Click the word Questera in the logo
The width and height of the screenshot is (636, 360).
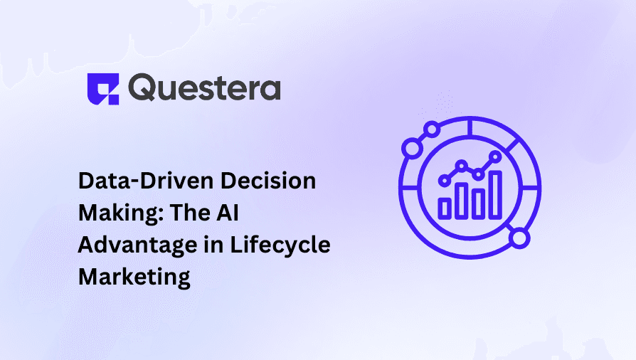(205, 88)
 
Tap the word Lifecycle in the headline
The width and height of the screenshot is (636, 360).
(281, 245)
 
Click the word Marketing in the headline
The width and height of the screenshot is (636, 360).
(134, 276)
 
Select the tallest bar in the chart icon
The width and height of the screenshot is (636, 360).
(494, 194)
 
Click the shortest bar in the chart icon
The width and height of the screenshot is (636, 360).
(446, 207)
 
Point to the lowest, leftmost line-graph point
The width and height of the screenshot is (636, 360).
(446, 180)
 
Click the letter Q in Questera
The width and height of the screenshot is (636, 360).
(144, 89)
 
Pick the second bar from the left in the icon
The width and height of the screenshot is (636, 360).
(462, 199)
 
